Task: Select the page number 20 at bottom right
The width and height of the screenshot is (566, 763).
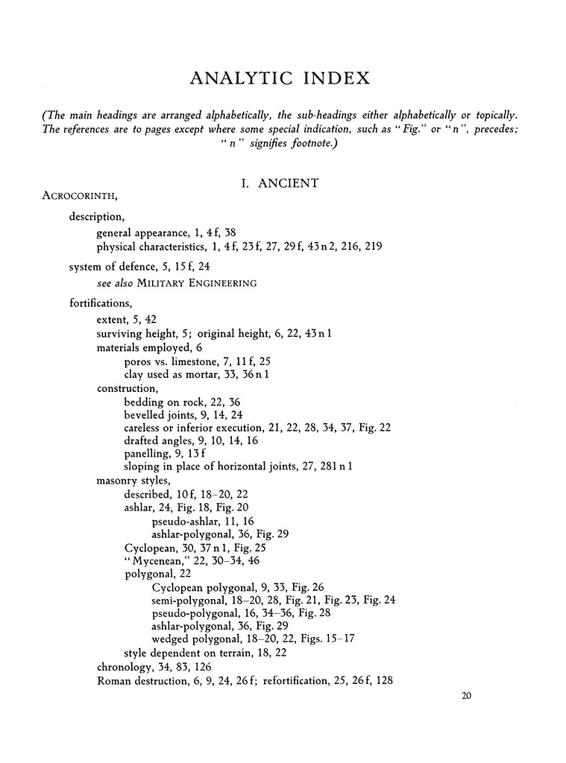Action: (x=468, y=697)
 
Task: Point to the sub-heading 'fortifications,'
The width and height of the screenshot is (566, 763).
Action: (x=100, y=303)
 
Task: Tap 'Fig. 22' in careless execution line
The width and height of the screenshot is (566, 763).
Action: (x=375, y=428)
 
